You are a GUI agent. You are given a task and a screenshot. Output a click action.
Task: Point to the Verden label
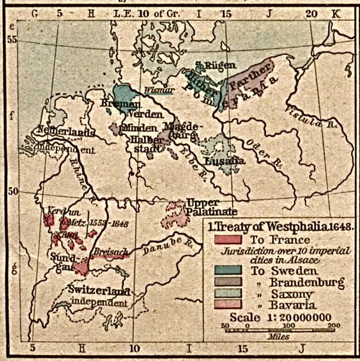(x=146, y=114)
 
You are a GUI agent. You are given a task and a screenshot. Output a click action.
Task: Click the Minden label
(x=140, y=128)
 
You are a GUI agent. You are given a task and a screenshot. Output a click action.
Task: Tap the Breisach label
(x=109, y=251)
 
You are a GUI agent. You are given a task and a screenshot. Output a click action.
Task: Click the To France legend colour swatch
(x=229, y=240)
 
